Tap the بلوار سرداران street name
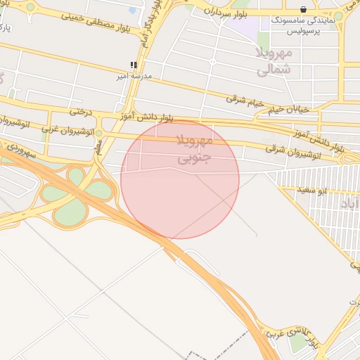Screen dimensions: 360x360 (229, 12)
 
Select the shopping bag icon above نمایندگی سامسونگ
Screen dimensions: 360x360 (303, 10)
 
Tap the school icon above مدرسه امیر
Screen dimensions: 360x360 (134, 65)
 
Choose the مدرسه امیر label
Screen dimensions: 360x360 (132, 75)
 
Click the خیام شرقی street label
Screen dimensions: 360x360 (245, 101)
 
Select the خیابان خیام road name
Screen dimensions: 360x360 (287, 109)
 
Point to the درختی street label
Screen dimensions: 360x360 (81, 111)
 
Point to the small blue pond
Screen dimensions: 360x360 (133, 11)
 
